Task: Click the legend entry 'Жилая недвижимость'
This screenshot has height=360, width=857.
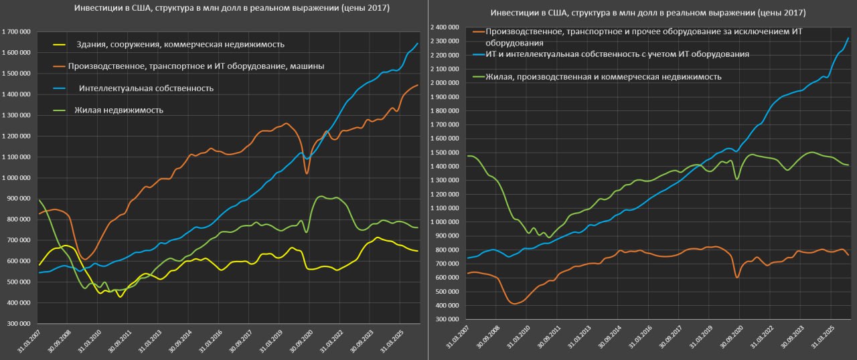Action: pyautogui.click(x=119, y=110)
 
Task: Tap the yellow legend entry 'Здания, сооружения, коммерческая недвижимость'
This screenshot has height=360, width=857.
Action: pyautogui.click(x=179, y=44)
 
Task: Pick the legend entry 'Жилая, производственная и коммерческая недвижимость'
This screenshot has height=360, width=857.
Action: pyautogui.click(x=603, y=76)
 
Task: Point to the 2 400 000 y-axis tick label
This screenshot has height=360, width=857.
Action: pyautogui.click(x=446, y=27)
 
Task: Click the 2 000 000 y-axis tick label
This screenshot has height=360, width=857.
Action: pyautogui.click(x=446, y=83)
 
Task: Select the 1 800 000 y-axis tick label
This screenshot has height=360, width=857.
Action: pyautogui.click(x=446, y=111)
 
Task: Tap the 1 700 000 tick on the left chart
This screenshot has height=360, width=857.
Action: pyautogui.click(x=18, y=31)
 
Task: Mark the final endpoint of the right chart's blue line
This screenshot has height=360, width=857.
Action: pyautogui.click(x=848, y=38)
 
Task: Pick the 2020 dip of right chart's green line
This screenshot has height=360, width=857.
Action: pyautogui.click(x=736, y=179)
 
